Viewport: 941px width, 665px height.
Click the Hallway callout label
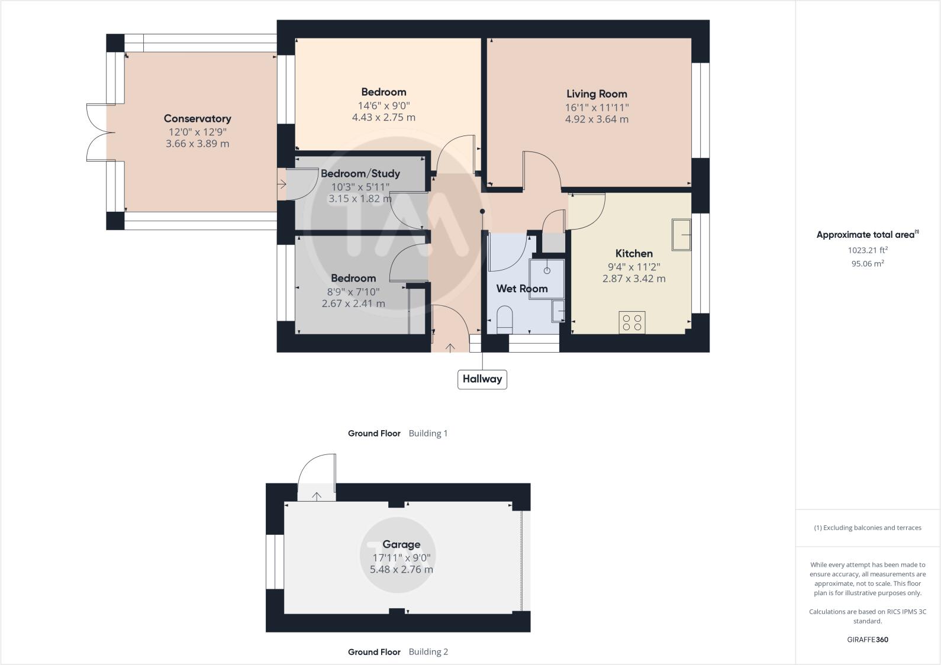coord(482,379)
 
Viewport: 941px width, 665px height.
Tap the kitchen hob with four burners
coord(632,322)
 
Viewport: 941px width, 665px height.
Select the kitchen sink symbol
coord(681,235)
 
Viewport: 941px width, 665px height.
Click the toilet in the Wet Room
coord(505,318)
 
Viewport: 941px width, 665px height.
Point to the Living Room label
coord(597,93)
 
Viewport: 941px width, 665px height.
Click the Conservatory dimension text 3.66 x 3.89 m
coord(197,144)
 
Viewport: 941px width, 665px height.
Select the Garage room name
coord(401,544)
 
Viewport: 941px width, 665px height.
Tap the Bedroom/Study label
coord(360,173)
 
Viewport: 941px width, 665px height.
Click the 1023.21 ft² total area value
coord(868,250)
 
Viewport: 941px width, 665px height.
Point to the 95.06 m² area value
coord(868,264)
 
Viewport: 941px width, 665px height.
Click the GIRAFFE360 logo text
coord(868,640)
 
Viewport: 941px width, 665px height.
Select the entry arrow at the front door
coord(450,347)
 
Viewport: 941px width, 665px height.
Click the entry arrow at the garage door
coord(317,496)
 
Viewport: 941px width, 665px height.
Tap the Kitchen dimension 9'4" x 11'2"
coord(634,267)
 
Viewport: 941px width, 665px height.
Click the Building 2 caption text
coord(428,652)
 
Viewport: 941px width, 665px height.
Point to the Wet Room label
coord(521,289)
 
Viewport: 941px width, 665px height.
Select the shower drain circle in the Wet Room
coord(547,270)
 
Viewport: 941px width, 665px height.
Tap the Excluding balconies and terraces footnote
coord(868,528)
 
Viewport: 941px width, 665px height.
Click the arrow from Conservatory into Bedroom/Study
coord(282,185)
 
